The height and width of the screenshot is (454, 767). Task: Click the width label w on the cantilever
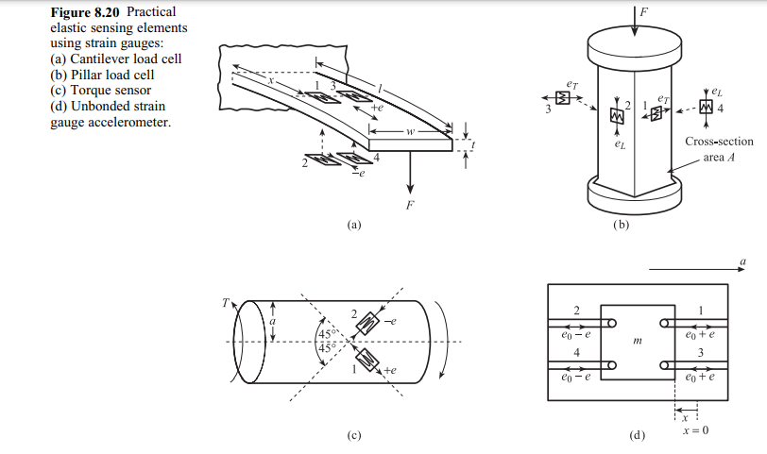point(410,132)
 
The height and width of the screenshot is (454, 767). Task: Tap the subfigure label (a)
point(354,225)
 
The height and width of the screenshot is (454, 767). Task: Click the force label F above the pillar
point(645,10)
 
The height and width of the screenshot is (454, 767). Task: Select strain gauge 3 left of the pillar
point(563,98)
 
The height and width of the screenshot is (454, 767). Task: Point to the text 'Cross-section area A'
point(719,149)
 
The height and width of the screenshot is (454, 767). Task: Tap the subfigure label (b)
point(621,225)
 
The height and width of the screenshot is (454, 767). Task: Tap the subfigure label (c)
point(354,436)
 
